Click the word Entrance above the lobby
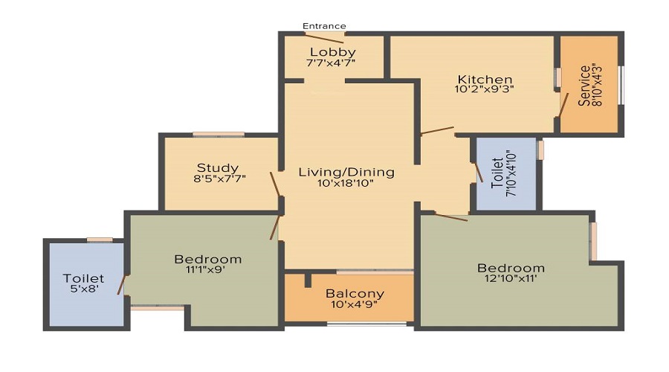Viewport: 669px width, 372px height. click(323, 26)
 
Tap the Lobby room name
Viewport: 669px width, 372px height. click(332, 52)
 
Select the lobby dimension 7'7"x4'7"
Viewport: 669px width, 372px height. click(331, 63)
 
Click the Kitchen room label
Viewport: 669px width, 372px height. click(485, 80)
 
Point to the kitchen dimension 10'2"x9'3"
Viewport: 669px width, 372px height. click(485, 90)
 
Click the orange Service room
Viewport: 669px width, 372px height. click(589, 86)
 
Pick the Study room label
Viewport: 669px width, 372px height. click(218, 167)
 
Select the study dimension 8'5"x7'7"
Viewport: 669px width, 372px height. click(219, 179)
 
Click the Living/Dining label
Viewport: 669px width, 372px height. click(346, 172)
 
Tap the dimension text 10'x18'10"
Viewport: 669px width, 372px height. click(346, 183)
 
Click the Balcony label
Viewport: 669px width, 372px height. click(355, 293)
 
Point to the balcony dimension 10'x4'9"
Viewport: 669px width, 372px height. click(355, 304)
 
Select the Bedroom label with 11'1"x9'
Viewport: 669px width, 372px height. click(207, 259)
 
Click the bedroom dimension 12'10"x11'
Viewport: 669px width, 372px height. click(511, 278)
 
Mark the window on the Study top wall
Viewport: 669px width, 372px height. click(219, 135)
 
